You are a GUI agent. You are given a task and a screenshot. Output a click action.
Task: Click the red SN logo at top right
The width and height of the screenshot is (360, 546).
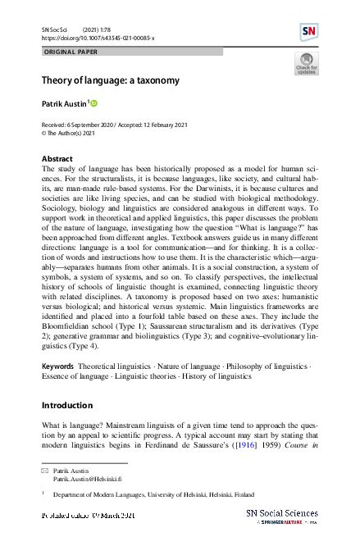[x=308, y=32]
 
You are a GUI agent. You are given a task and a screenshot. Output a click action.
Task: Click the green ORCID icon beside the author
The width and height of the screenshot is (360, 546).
[x=93, y=103]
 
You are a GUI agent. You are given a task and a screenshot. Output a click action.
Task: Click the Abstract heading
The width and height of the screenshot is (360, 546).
[x=57, y=157]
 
